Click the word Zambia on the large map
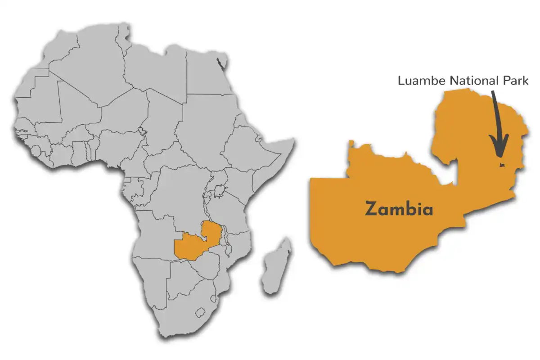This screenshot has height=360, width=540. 399,209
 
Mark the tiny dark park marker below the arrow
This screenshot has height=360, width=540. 499,165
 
